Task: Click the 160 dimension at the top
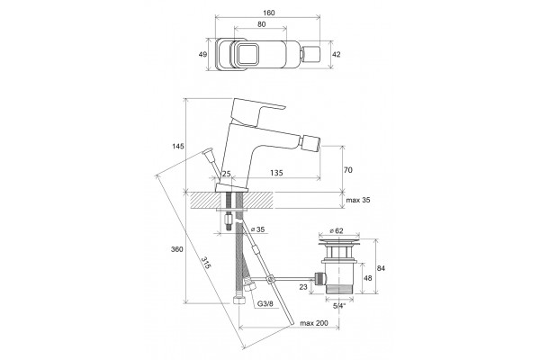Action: coord(268,13)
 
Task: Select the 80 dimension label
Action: coord(261,24)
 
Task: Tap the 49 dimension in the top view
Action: coord(202,54)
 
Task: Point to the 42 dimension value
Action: coord(336,54)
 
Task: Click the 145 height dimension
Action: coord(178,146)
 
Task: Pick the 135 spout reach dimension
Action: coord(276,173)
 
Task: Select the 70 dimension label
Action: coord(348,170)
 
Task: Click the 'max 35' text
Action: coord(358,200)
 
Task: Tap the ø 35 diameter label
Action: coord(258,229)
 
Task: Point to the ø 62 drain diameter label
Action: coord(337,230)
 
